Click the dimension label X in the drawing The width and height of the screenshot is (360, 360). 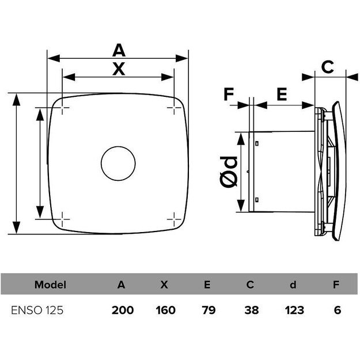118,69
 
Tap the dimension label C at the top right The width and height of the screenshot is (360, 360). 327,67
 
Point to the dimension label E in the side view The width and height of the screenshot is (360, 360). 282,94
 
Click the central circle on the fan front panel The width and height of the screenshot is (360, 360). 118,164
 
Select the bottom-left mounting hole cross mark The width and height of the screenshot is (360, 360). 63,219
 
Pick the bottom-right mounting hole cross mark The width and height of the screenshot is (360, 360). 174,219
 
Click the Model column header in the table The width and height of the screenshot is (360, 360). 51,284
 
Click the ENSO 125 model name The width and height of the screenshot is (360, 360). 37,310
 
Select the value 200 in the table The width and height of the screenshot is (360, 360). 122,310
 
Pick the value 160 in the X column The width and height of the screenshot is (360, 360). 165,310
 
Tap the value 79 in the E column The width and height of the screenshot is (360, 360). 209,310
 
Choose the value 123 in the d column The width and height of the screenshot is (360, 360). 294,310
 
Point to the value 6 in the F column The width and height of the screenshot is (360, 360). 338,310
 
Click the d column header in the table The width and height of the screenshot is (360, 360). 294,284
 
